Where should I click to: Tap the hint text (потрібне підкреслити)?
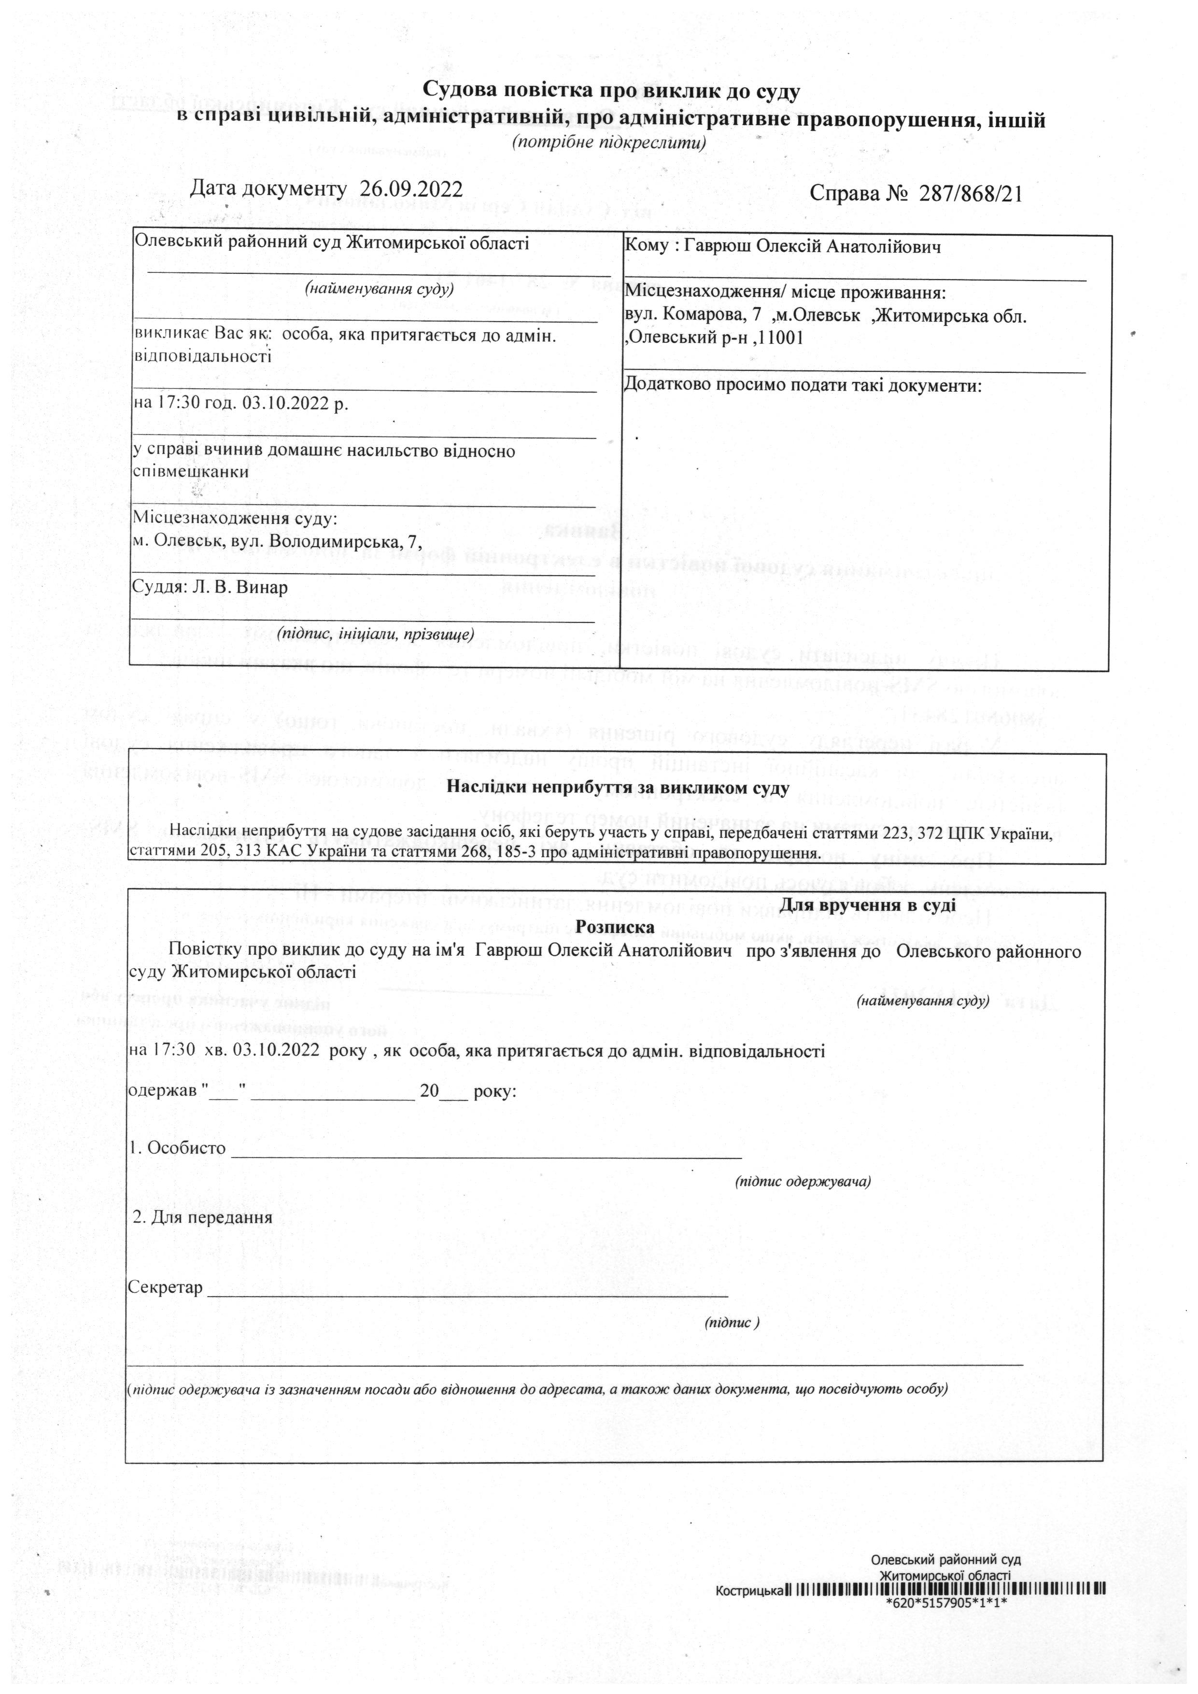[x=609, y=141]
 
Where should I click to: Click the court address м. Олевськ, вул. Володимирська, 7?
[x=277, y=541]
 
